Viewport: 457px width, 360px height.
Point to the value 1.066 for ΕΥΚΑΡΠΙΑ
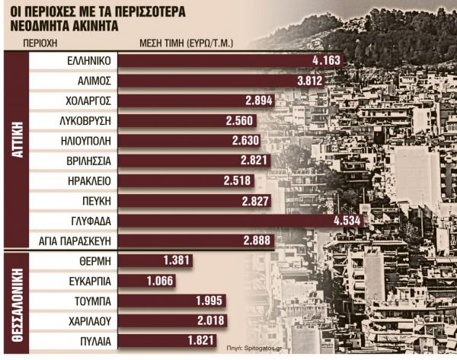tap(158, 280)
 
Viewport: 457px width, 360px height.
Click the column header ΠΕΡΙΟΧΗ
tap(43, 43)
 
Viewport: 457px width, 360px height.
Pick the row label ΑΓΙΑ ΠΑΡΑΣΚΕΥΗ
tap(75, 241)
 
